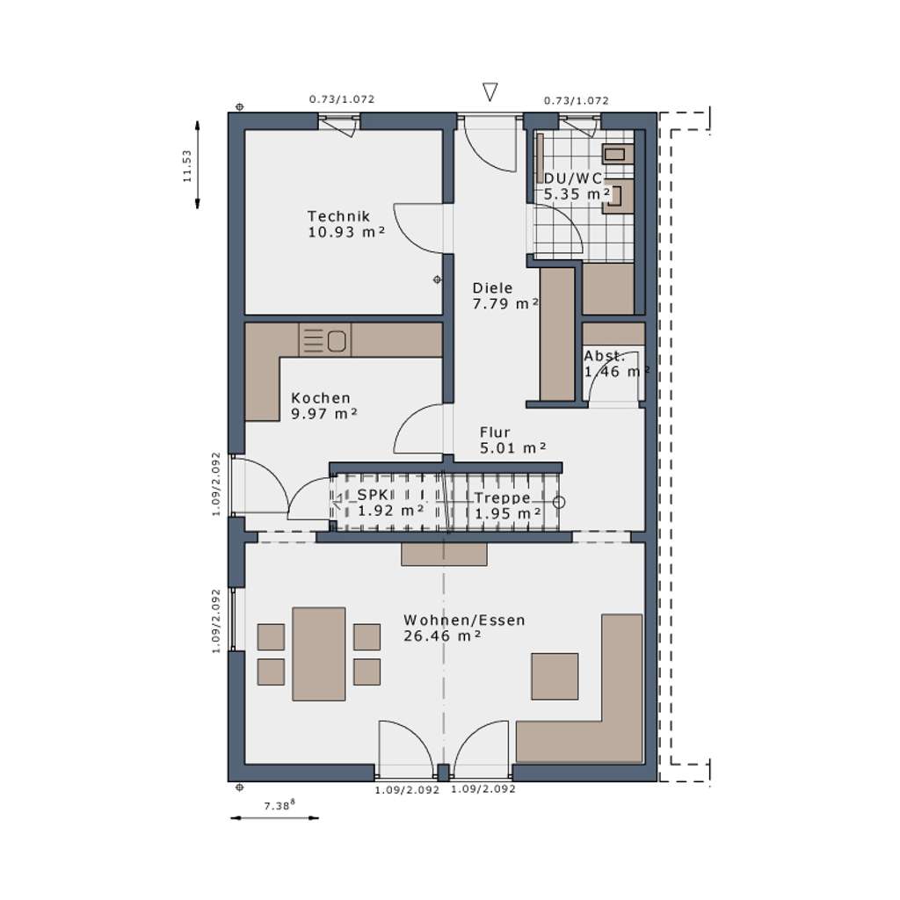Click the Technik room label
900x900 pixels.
pyautogui.click(x=338, y=216)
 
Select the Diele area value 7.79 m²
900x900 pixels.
pyautogui.click(x=505, y=303)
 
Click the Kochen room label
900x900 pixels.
pyautogui.click(x=321, y=398)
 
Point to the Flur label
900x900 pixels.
pyautogui.click(x=495, y=432)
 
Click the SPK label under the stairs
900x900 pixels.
pyautogui.click(x=371, y=495)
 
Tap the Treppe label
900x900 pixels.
pyautogui.click(x=502, y=497)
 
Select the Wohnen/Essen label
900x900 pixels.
pyautogui.click(x=464, y=620)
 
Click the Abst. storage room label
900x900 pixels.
pyautogui.click(x=605, y=356)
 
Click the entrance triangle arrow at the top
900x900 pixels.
pyautogui.click(x=490, y=92)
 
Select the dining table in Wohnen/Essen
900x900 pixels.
pyautogui.click(x=318, y=654)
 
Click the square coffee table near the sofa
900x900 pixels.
pyautogui.click(x=555, y=676)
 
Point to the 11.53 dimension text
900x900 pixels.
pyautogui.click(x=186, y=165)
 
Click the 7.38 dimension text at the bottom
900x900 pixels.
pyautogui.click(x=279, y=803)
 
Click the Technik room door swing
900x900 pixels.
pyautogui.click(x=420, y=229)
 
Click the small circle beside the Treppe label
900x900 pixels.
pyautogui.click(x=559, y=503)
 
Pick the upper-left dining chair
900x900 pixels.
pyautogui.click(x=271, y=636)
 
